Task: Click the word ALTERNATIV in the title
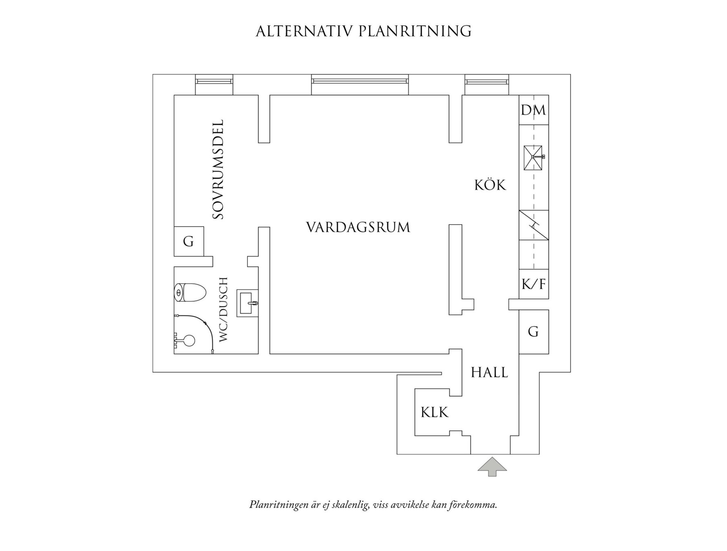click(x=303, y=31)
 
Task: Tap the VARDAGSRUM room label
click(x=358, y=227)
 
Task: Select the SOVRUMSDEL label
click(x=219, y=169)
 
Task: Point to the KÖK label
click(x=490, y=185)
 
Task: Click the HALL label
click(x=489, y=373)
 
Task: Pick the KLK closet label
click(x=435, y=413)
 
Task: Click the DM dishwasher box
click(x=533, y=110)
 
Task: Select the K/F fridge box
click(x=533, y=284)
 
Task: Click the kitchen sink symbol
click(x=533, y=158)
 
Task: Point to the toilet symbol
click(x=190, y=292)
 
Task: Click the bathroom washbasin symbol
click(x=247, y=303)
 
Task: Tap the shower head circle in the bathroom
click(x=189, y=340)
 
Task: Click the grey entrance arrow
click(x=492, y=466)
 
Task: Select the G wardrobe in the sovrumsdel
click(x=188, y=242)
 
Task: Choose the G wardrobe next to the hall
click(x=533, y=332)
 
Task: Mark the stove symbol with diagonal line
click(x=533, y=225)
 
